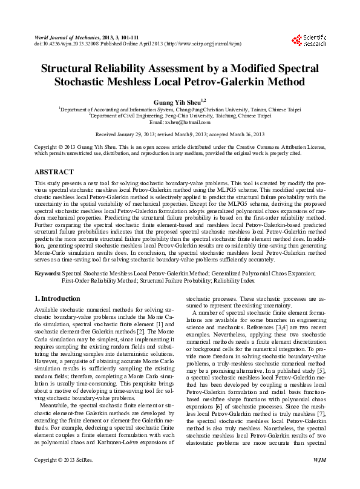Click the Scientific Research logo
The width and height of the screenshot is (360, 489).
pyautogui.click(x=314, y=41)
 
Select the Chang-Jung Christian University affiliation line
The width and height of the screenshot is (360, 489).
pyautogui.click(x=180, y=109)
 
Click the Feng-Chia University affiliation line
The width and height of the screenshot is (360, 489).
pyautogui.click(x=180, y=116)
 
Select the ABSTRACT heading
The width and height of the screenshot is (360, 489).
pyautogui.click(x=55, y=172)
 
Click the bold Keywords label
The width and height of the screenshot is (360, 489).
pyautogui.click(x=47, y=274)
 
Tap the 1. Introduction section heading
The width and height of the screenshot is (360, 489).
pyautogui.click(x=58, y=298)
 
